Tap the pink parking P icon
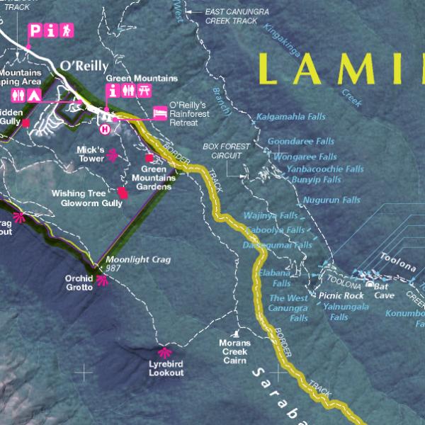33,30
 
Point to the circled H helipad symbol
106,129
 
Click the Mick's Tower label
91,154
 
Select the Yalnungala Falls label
346,307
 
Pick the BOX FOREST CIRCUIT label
226,150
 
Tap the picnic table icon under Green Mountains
144,91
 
